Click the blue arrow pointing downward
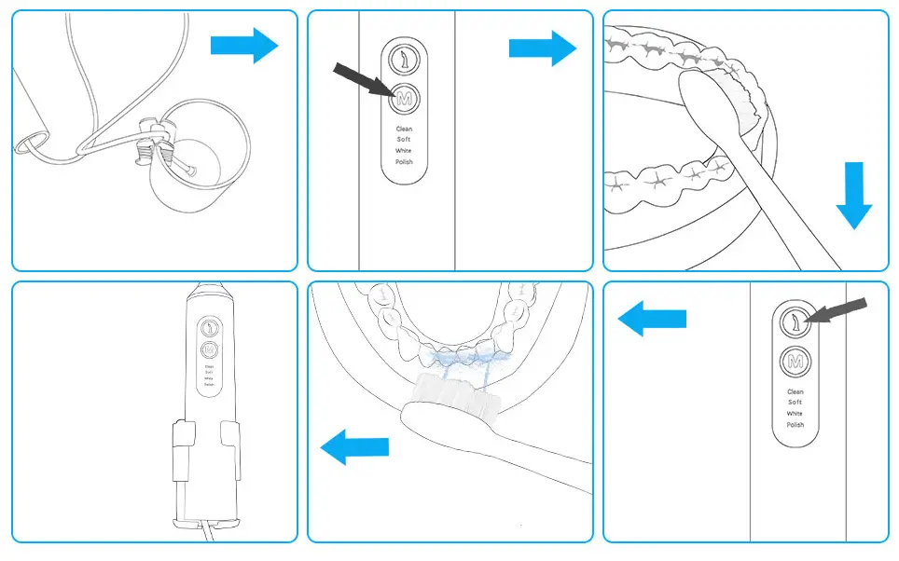852,196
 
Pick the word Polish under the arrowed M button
404,162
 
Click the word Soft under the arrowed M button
404,140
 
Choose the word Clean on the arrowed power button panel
795,392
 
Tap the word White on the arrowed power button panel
795,414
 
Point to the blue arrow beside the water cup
243,45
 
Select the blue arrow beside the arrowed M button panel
542,48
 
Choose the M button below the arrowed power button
795,362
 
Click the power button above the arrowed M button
404,59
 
